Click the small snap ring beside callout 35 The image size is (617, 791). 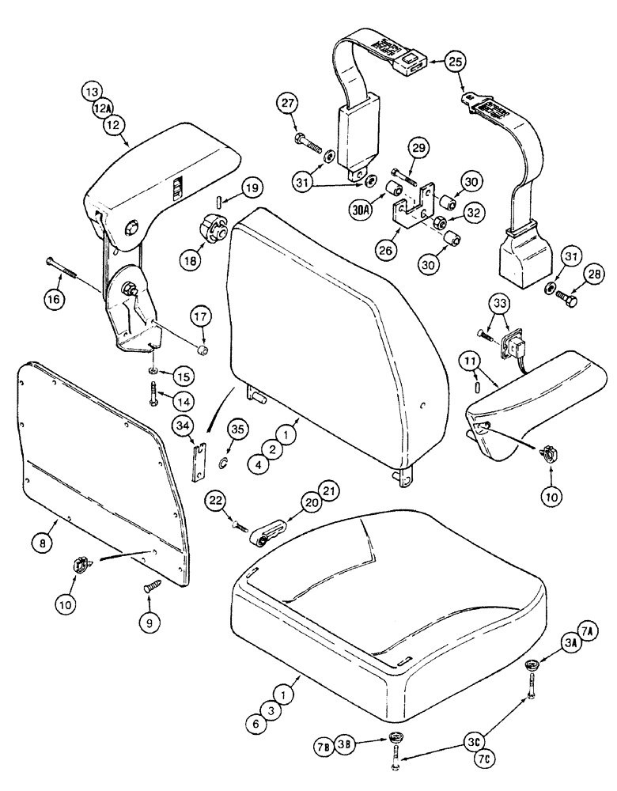tap(224, 461)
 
